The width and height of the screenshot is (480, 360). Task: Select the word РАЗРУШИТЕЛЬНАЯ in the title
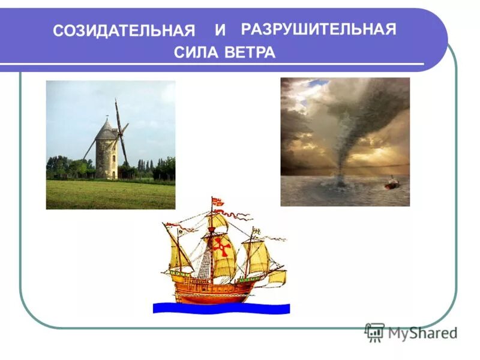318,29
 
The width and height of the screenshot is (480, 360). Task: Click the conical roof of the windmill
107,129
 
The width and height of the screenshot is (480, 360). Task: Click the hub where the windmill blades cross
120,133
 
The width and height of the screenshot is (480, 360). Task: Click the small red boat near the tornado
391,182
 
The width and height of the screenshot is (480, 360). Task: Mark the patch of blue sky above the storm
317,83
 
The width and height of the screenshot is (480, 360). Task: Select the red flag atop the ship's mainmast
218,202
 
